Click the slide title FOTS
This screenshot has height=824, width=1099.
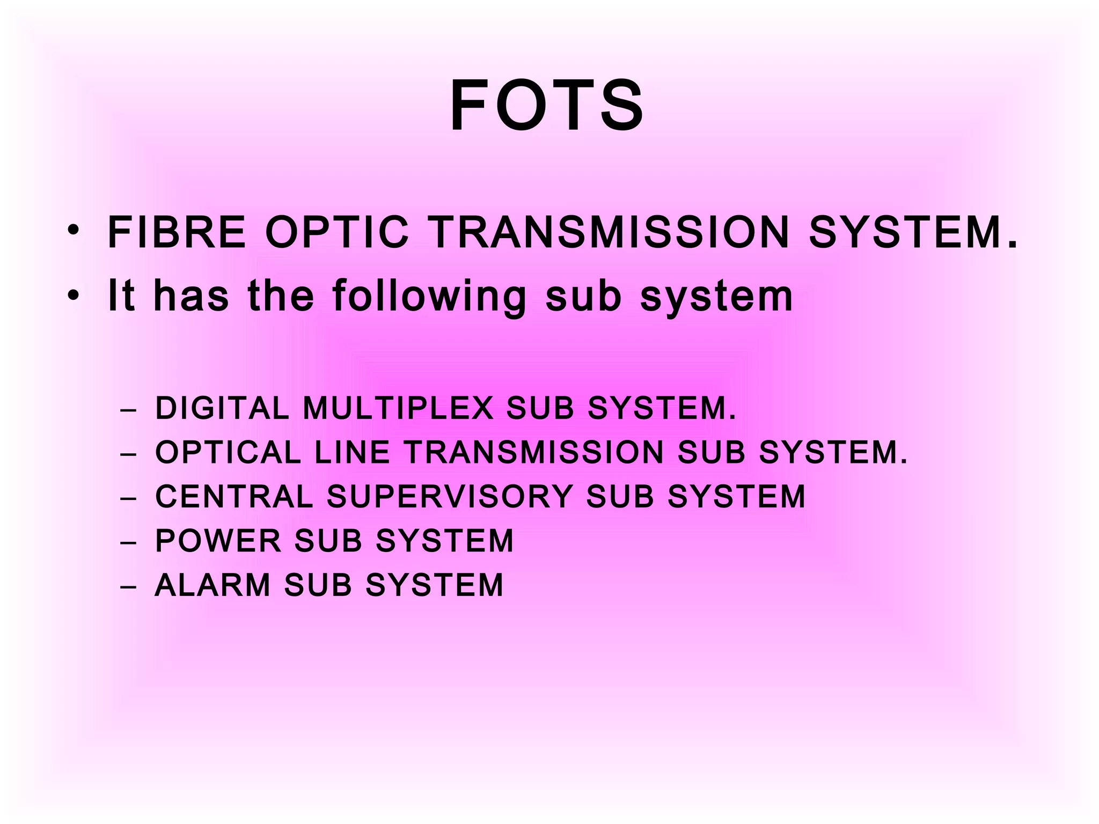[547, 106]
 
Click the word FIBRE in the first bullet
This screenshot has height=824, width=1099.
[177, 233]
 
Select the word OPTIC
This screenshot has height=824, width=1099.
[338, 233]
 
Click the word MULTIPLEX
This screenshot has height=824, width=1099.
[398, 408]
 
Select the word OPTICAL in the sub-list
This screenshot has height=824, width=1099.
[228, 452]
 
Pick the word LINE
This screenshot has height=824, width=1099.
[352, 452]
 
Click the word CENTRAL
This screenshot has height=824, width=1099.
[234, 496]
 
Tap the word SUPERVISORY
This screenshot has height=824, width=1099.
[450, 496]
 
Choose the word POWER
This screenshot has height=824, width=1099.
[218, 540]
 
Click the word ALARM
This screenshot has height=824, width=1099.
[213, 584]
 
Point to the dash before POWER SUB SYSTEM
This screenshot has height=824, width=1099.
[129, 542]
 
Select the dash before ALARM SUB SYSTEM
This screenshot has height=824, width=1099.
[129, 586]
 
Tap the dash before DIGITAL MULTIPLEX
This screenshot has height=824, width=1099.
[129, 410]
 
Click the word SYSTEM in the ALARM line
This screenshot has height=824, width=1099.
[435, 584]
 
